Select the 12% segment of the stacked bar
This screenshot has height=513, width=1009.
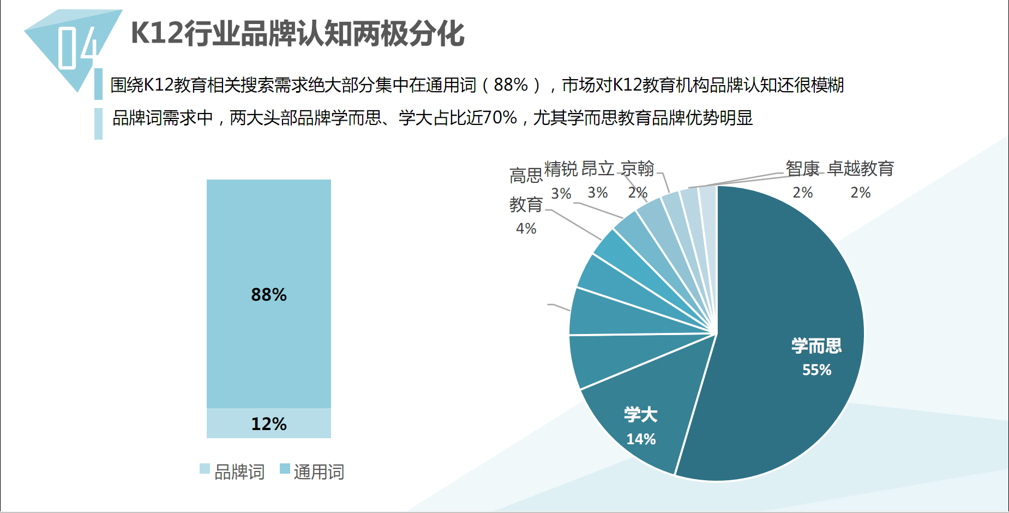(x=268, y=423)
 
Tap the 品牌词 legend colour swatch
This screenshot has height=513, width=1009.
(x=205, y=468)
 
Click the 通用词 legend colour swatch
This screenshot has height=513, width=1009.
(x=285, y=468)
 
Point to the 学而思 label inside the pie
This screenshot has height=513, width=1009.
(x=816, y=346)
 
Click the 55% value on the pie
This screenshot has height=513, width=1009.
(x=816, y=370)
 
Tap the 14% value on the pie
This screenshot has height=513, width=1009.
(x=641, y=439)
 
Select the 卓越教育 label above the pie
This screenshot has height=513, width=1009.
(x=861, y=169)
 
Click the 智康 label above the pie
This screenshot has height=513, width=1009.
(x=802, y=169)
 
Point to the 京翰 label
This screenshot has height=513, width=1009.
(x=637, y=169)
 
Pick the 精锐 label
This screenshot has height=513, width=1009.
(x=561, y=169)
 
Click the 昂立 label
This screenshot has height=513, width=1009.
(x=598, y=169)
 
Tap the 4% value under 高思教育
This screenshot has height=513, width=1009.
(x=526, y=229)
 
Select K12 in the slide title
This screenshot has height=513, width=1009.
(x=157, y=33)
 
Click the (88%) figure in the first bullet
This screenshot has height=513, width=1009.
(x=511, y=85)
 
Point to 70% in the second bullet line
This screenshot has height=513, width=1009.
(x=500, y=118)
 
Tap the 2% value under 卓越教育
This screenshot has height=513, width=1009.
(x=860, y=193)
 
